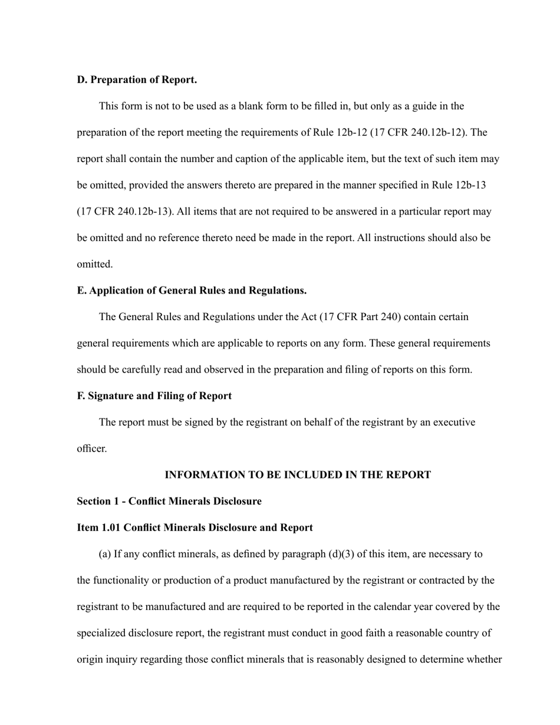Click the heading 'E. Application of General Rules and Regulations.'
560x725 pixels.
click(192, 291)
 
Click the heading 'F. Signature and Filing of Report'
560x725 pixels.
click(154, 396)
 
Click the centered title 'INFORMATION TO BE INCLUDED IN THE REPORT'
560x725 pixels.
click(298, 475)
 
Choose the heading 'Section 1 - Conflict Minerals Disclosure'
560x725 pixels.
click(169, 502)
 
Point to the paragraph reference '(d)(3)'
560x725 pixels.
click(398, 554)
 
